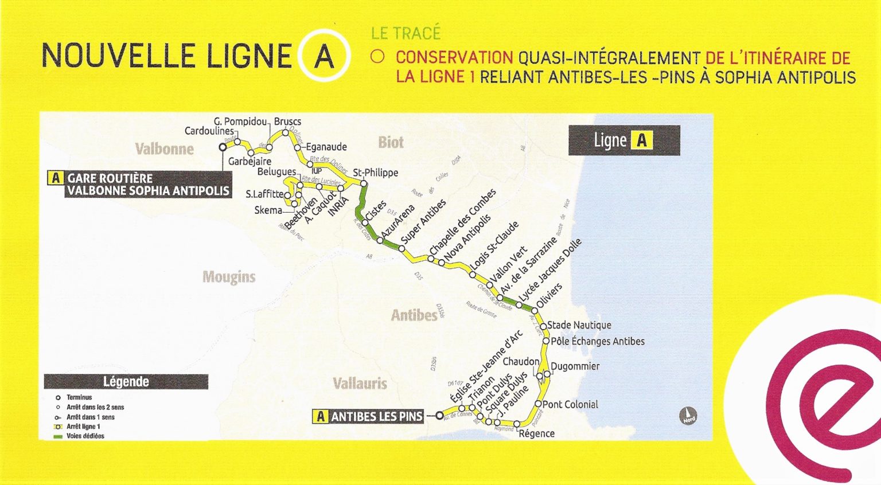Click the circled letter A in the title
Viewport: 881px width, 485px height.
click(x=323, y=56)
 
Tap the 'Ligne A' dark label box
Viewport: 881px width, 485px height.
click(x=623, y=140)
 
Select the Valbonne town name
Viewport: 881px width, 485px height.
click(x=165, y=150)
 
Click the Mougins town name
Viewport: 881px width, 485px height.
click(x=229, y=277)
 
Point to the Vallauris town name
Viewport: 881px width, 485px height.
click(x=360, y=384)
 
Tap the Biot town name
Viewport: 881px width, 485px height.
click(x=391, y=142)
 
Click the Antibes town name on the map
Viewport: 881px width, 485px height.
click(x=414, y=315)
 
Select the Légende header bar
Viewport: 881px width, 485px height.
click(x=126, y=382)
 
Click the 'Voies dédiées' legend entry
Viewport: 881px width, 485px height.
click(x=85, y=436)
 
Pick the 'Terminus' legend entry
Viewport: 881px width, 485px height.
click(x=79, y=397)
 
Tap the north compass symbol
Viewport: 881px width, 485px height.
click(x=688, y=415)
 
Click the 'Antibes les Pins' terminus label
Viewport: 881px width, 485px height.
click(x=370, y=417)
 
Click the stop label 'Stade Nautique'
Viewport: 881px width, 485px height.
click(x=579, y=325)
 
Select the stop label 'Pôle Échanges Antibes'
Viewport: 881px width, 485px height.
click(x=598, y=342)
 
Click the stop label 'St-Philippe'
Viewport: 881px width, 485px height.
click(x=375, y=173)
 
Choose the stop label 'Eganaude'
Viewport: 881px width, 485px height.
click(x=326, y=147)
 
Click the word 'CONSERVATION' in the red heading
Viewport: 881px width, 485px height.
click(x=454, y=58)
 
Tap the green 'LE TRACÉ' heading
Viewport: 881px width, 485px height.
click(x=406, y=33)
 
